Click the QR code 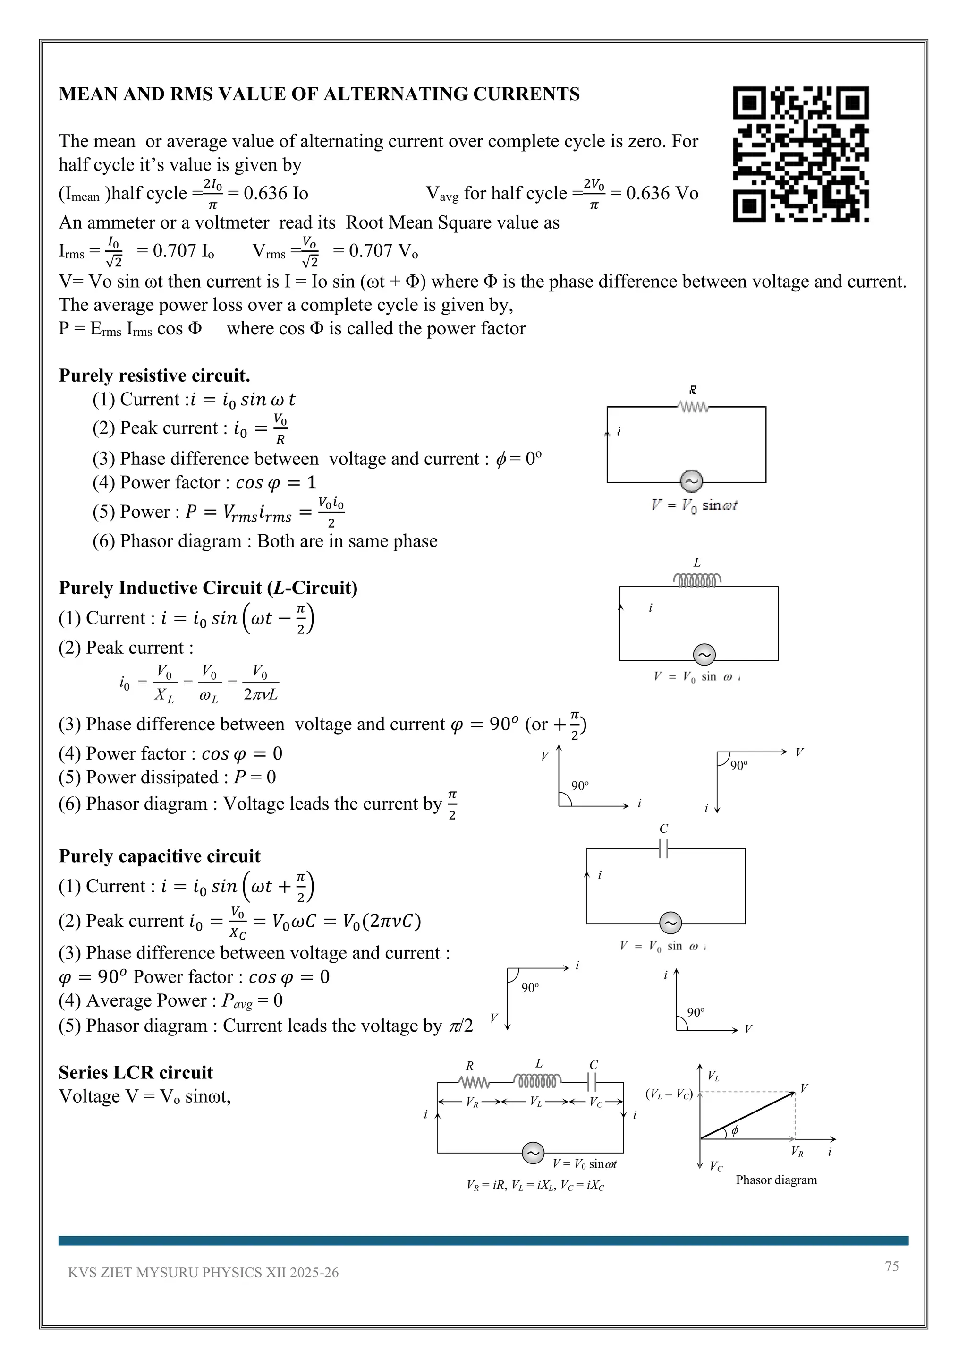pos(800,154)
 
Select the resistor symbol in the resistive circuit pos(693,408)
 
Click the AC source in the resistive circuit pos(691,481)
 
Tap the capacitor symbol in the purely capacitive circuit pos(664,848)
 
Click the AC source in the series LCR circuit pos(533,1153)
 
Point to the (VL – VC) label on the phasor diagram pos(669,1094)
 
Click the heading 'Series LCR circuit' pos(136,1072)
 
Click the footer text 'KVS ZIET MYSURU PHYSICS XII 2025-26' pos(203,1273)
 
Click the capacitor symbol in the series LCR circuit pos(593,1081)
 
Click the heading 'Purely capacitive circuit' pos(160,856)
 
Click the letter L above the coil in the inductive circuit pos(696,563)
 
